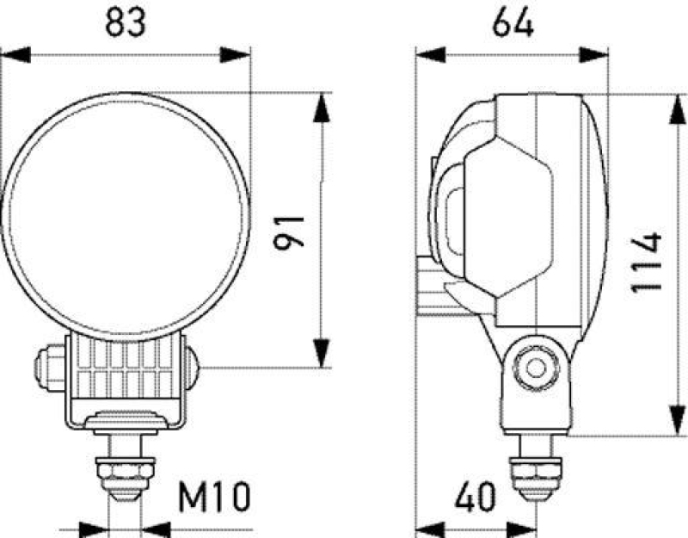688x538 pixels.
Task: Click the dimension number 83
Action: (x=125, y=22)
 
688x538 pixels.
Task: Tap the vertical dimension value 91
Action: (x=290, y=230)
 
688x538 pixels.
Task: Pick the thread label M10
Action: (x=213, y=497)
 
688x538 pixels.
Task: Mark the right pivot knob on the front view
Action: (x=190, y=368)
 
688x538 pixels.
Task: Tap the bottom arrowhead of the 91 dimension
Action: (x=321, y=353)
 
